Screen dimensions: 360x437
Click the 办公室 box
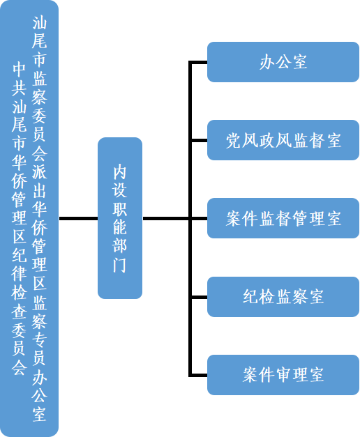click(283, 62)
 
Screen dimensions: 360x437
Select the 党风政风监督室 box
click(283, 140)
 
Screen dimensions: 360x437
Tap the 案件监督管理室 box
click(283, 218)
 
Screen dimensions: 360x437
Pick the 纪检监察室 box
click(283, 296)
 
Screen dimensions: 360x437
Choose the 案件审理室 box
click(283, 374)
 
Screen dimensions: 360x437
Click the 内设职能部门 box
click(120, 218)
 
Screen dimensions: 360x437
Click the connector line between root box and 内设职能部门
click(78, 219)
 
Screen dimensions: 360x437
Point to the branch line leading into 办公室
click(199, 62)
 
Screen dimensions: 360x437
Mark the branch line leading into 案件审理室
click(199, 375)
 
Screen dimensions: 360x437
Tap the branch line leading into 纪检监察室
click(199, 297)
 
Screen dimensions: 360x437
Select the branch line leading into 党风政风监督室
click(199, 140)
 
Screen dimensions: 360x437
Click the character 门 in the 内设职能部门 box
click(120, 265)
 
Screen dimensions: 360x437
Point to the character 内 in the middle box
click(120, 172)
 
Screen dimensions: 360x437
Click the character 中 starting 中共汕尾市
click(19, 69)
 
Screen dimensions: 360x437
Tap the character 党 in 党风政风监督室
click(234, 140)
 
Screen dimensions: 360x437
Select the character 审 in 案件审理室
click(283, 375)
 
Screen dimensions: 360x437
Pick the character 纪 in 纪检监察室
click(250, 296)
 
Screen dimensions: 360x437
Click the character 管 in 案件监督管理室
click(300, 218)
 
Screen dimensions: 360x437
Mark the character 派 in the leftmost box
click(39, 171)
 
